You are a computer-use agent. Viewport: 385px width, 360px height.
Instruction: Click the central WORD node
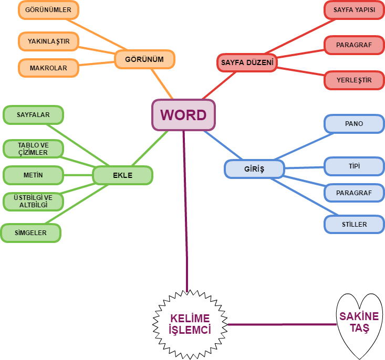coord(183,114)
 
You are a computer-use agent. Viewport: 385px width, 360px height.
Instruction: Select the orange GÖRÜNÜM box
coord(144,59)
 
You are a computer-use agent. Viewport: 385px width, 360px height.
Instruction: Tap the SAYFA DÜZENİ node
coord(247,63)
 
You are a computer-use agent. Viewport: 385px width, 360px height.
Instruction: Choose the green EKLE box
coord(122,175)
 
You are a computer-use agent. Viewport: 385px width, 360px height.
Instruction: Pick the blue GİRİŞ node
coord(254,169)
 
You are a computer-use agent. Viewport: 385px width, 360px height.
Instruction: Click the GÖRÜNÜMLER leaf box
coord(48,10)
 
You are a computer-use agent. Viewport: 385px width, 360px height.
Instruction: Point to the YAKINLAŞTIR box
coord(48,41)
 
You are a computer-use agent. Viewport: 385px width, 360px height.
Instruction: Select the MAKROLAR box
coord(48,68)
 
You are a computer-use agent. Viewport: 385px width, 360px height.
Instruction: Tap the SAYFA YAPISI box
coord(354,10)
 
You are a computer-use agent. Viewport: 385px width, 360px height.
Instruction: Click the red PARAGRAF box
coord(354,45)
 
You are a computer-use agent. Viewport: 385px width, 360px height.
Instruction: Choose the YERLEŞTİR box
coord(354,80)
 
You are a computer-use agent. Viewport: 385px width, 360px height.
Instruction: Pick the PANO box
coord(354,124)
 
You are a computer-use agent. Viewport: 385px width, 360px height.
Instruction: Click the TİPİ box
coord(354,166)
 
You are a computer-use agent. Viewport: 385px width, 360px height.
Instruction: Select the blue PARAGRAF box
coord(354,193)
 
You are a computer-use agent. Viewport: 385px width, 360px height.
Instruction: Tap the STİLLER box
coord(354,224)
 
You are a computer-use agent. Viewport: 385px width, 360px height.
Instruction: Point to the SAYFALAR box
coord(33,114)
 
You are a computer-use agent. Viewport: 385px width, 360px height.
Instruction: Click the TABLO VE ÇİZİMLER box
coord(33,149)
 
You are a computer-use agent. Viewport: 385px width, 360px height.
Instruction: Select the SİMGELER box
coord(31,232)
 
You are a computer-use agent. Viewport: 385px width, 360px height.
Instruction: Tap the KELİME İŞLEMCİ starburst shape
coord(190,324)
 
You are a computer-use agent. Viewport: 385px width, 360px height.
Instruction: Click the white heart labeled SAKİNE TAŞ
coord(359,322)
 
